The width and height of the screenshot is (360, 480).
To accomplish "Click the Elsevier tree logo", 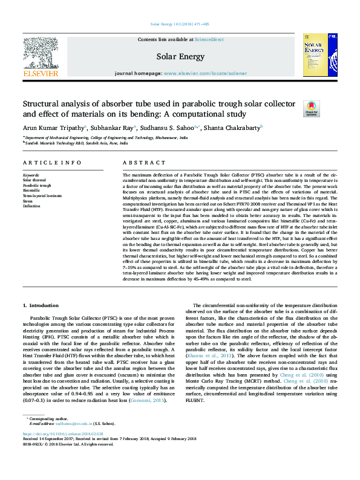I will click(x=40, y=53).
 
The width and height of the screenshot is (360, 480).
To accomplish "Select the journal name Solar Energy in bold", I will click(x=179, y=57).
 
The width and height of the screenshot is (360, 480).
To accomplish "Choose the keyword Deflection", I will click(x=32, y=206).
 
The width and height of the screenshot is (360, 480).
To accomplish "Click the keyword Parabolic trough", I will click(x=37, y=184).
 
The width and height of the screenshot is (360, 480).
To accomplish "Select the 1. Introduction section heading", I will click(x=41, y=306).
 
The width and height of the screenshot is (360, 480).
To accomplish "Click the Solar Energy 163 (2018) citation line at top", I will click(x=180, y=24).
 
